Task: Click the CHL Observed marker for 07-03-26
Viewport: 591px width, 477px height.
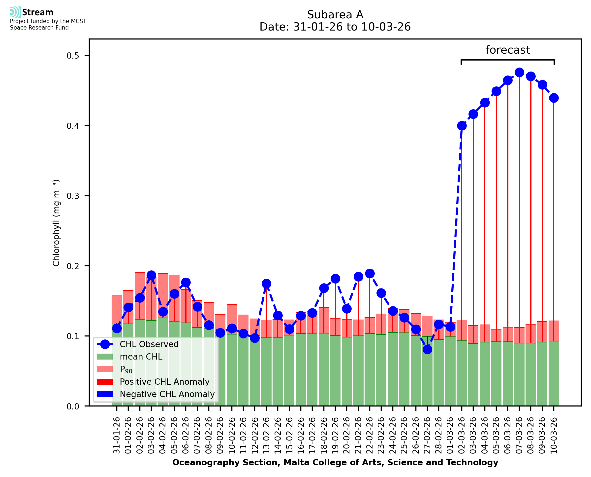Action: pos(519,73)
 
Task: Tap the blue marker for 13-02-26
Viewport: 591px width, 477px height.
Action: pos(266,284)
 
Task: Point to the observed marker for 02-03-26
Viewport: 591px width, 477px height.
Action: pos(462,126)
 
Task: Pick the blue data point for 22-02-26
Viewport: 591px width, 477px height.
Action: pos(370,274)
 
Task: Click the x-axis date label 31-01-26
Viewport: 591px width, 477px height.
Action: pos(117,436)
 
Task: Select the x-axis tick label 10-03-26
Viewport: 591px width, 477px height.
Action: pos(554,436)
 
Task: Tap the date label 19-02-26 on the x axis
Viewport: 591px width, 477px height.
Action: pos(335,436)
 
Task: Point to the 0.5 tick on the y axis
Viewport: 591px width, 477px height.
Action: pos(73,56)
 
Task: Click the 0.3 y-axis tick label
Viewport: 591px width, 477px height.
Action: pos(73,196)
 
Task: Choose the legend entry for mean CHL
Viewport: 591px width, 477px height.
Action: pos(141,357)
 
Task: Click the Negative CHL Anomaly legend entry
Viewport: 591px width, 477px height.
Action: pos(167,394)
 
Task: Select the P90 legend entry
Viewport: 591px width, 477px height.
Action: pos(126,369)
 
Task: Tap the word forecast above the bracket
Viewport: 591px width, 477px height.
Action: pos(508,50)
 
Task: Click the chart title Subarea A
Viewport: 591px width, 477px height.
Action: pos(335,15)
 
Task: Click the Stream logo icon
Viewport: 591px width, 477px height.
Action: pos(15,12)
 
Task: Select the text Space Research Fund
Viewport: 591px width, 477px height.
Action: pos(39,28)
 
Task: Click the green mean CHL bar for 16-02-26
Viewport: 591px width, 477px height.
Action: pos(301,371)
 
